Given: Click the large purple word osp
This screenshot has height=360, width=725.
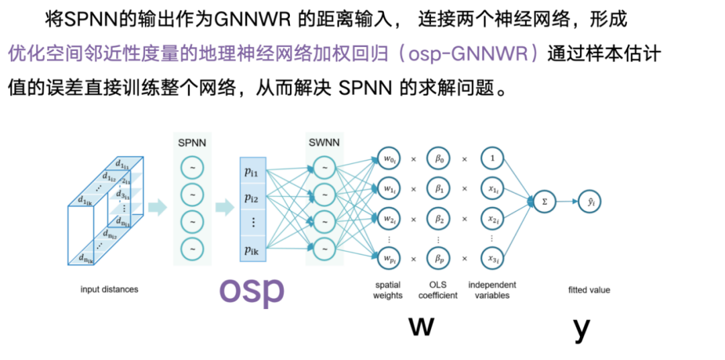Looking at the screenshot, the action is click(252, 290).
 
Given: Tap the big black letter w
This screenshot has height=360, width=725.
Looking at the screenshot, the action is click(421, 326).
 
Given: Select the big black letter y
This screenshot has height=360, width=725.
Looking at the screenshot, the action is click(581, 328).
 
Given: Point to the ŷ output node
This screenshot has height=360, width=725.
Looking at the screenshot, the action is click(590, 201).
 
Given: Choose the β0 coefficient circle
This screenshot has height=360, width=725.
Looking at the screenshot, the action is click(439, 159).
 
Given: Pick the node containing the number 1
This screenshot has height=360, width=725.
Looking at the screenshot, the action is click(492, 159).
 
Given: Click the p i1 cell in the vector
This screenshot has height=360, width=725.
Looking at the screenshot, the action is click(253, 173).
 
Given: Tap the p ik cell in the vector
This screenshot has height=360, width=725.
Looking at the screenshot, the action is click(253, 251).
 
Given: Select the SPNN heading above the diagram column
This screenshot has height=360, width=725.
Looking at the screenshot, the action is click(192, 142).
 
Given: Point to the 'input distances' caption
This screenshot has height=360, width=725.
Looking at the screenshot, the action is click(109, 289).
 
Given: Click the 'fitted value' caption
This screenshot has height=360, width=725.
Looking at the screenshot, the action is click(589, 290).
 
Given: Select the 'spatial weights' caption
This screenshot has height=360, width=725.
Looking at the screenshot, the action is click(387, 290).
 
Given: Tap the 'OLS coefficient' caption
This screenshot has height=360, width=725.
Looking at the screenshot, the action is click(438, 290).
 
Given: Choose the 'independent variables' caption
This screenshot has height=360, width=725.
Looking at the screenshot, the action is click(492, 290).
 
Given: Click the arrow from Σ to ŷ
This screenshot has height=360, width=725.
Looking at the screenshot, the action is click(567, 201).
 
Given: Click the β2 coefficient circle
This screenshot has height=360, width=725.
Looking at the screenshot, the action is click(439, 220).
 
